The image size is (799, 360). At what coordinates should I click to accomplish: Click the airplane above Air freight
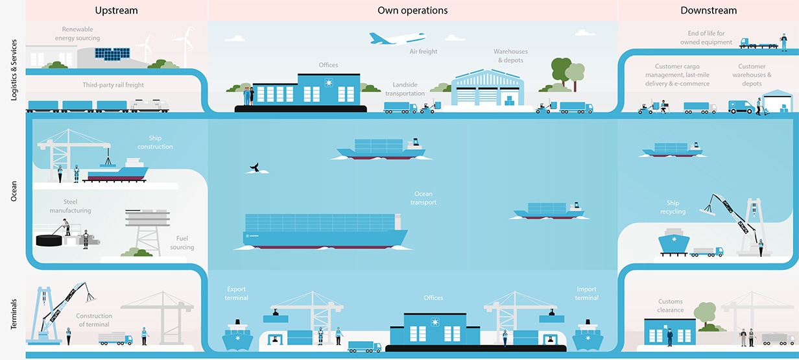click(397, 39)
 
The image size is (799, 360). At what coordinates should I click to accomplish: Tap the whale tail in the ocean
click(254, 169)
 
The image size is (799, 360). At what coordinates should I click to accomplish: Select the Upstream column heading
click(116, 10)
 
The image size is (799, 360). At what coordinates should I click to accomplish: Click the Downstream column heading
click(709, 10)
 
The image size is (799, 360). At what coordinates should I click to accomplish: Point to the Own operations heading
click(412, 10)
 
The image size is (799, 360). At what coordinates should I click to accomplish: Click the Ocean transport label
click(423, 198)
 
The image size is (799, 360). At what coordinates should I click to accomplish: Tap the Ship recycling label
click(673, 208)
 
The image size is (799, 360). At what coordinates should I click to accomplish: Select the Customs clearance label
click(671, 306)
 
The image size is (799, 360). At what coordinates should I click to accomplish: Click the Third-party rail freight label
click(113, 85)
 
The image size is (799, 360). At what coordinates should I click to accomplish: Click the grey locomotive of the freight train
click(149, 106)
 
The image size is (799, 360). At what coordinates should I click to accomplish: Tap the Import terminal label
click(586, 293)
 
